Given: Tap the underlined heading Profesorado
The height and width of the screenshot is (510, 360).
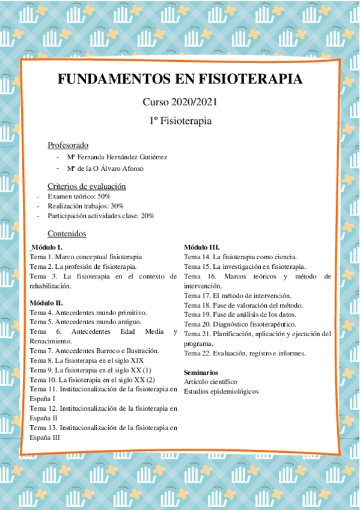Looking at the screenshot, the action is click(68, 145).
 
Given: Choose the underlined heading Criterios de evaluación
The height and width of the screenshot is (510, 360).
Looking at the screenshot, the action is click(87, 186).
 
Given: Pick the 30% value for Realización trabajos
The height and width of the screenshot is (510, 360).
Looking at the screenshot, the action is click(117, 206).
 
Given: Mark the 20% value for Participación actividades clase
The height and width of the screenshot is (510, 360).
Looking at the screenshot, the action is click(147, 215).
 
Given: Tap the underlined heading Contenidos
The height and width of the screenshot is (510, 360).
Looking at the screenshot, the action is click(67, 233).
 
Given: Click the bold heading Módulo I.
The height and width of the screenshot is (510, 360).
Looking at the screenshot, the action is click(47, 247).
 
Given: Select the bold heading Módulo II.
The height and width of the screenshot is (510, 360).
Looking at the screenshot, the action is click(46, 303).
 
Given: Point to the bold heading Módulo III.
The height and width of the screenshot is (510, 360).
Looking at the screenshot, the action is click(201, 247).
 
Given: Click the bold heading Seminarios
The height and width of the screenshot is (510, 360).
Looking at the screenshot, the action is click(201, 372).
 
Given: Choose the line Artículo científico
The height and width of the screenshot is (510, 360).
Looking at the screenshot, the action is click(210, 382).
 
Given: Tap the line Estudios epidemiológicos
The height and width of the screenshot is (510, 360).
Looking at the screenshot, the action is click(221, 392).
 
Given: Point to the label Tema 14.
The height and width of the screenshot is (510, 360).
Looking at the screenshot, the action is click(197, 257).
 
